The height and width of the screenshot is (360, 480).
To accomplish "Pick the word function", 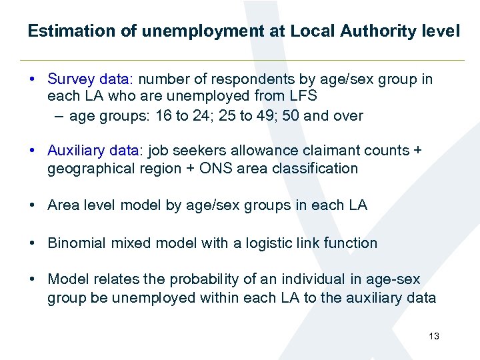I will click(x=350, y=243).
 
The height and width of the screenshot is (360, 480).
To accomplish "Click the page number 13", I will click(x=434, y=336).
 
